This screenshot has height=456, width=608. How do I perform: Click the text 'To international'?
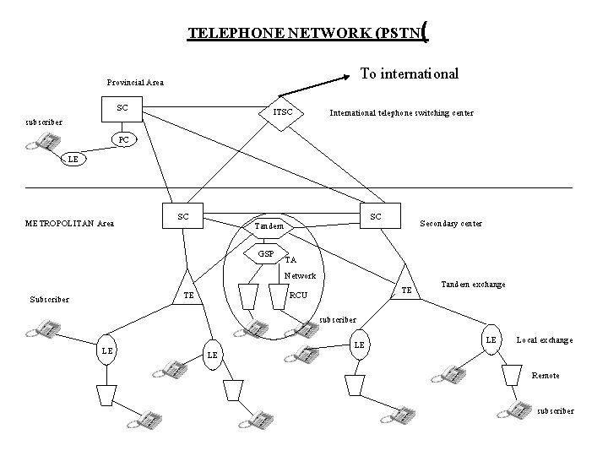(x=410, y=73)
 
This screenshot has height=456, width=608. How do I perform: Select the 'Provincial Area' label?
(x=135, y=83)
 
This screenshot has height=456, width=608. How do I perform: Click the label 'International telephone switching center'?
(x=401, y=112)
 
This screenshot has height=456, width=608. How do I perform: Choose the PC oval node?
(x=123, y=138)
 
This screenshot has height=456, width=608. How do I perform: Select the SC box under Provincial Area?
(x=122, y=108)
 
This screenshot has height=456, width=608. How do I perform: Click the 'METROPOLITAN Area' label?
(x=70, y=224)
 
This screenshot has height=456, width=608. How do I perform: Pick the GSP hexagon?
(x=267, y=253)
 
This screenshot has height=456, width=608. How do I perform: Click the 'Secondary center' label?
(x=451, y=224)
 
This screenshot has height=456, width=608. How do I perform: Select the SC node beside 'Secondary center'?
(x=376, y=217)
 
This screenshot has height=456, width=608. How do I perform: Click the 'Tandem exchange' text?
(x=473, y=284)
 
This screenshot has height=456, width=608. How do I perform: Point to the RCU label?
(x=298, y=296)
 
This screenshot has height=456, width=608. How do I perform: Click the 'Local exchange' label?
(x=544, y=339)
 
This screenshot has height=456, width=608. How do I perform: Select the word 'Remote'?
(x=546, y=374)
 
